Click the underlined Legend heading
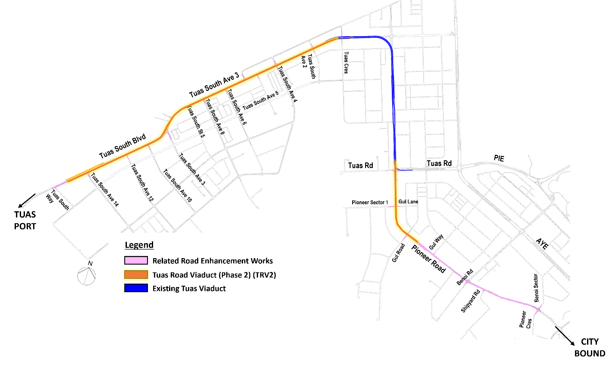139,245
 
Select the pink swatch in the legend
136,260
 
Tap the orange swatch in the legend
136,275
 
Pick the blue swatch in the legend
136,288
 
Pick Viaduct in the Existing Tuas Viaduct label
212,288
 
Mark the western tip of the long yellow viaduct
68,181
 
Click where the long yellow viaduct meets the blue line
335,39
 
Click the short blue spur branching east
406,170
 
